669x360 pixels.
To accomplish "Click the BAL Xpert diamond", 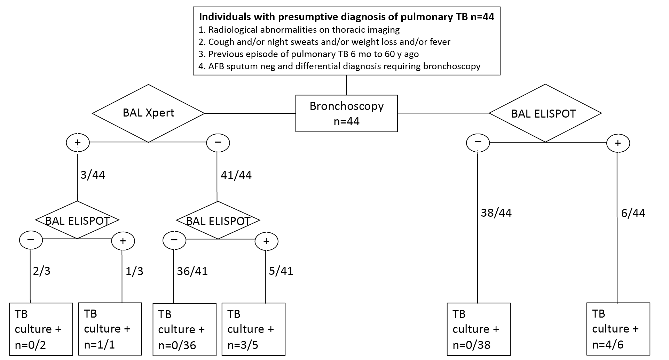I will tap(148, 113).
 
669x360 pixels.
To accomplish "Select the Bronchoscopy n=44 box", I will tap(346, 113).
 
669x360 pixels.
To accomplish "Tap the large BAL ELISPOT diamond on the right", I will tap(545, 113).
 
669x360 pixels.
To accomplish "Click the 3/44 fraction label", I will tap(93, 175).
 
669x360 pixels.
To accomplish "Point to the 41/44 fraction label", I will tap(236, 175).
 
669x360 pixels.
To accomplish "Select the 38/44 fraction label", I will tap(496, 213).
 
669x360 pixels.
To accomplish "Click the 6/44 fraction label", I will tap(633, 213).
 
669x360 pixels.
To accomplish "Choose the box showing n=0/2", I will tap(41, 329).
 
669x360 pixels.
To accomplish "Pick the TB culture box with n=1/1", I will tap(110, 329).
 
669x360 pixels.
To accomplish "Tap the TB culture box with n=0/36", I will tap(184, 329).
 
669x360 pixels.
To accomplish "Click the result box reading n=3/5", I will tap(253, 329).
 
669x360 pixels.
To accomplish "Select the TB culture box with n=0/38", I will tap(479, 329).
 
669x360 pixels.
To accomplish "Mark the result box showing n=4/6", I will tap(618, 329).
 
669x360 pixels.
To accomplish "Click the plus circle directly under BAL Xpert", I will tap(78, 142).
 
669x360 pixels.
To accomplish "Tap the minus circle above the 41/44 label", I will tap(218, 142).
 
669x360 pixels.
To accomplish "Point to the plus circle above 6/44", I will tap(618, 143).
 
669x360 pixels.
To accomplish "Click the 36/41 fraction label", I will tap(192, 271).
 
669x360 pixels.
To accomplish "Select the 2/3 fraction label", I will tap(41, 271).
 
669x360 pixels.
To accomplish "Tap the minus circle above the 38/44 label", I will tap(478, 142).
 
